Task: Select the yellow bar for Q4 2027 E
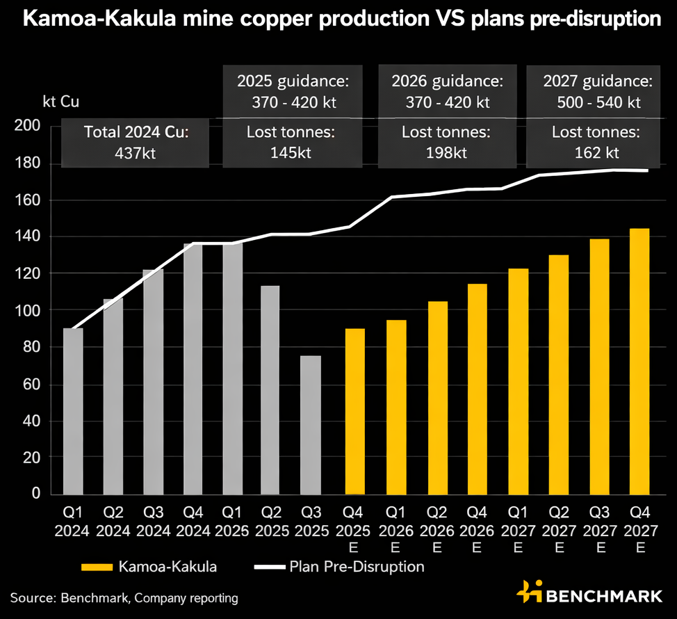(x=639, y=361)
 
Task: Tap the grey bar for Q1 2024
(x=73, y=411)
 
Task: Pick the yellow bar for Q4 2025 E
(x=354, y=411)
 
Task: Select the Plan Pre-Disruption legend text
(x=356, y=567)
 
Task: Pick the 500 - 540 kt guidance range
(x=598, y=102)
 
